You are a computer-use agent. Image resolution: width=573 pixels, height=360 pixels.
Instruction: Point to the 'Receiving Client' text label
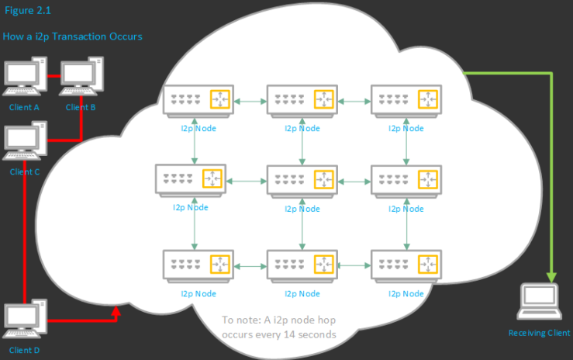(539, 333)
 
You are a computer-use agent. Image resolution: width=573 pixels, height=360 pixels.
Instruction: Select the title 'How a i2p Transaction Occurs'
(73, 36)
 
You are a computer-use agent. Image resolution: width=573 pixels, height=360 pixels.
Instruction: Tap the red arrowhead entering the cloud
(116, 312)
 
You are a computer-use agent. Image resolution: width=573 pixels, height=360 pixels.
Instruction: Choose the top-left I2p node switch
(196, 100)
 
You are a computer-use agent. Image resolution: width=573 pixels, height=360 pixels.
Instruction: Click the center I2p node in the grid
(301, 179)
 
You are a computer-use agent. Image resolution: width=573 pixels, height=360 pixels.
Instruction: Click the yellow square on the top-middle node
(323, 100)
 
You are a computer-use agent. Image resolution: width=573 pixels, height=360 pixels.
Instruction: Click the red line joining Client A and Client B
(53, 76)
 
